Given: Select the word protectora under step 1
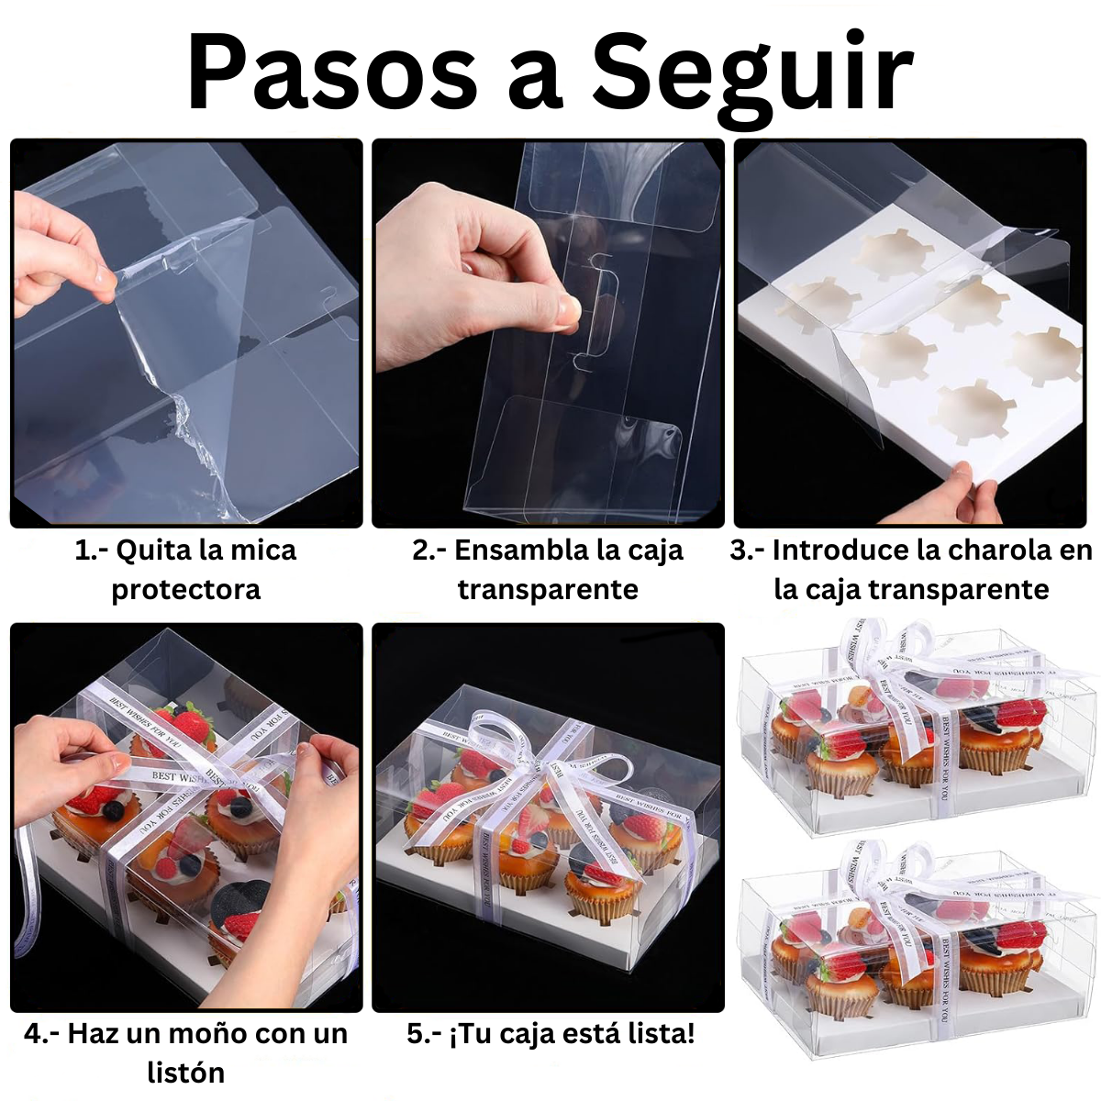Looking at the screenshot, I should (x=186, y=589).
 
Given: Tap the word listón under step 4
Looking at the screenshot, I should (x=185, y=1072).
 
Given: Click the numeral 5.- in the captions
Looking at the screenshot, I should (x=424, y=1034).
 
